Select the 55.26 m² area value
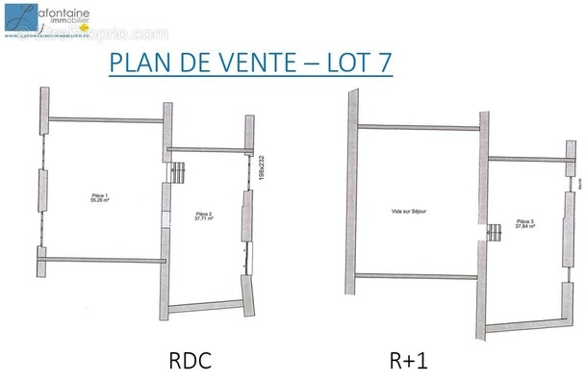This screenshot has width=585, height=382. click(100, 202)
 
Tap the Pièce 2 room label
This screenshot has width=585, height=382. click(204, 214)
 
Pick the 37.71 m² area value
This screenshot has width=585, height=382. click(204, 219)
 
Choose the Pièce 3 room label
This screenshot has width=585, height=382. click(524, 221)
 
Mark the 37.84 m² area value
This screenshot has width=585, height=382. click(524, 227)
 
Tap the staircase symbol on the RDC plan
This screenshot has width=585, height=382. click(178, 173)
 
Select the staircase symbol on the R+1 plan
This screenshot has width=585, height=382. click(496, 231)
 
